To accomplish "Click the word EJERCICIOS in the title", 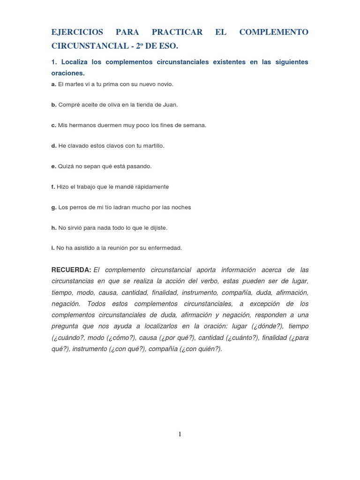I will point(77,32).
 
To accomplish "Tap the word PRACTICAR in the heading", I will point(177,32).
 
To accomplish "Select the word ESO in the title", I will point(170,46).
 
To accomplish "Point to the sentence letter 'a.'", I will point(54,84).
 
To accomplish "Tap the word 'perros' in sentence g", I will point(78,207).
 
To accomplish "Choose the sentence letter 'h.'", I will point(54,228).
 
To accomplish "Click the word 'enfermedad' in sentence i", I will point(165,248).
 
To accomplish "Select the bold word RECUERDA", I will point(71,270).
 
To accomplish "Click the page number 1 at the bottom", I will point(180,435).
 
